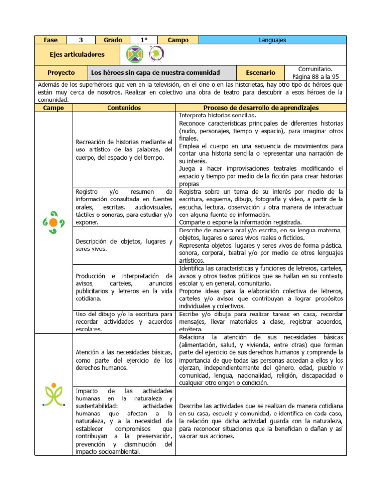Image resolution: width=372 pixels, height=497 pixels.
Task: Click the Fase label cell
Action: [x=50, y=40]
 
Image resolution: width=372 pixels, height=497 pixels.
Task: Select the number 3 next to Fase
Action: [x=81, y=40]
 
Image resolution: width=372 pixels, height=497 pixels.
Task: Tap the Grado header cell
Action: [x=113, y=40]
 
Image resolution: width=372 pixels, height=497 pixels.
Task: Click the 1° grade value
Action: [x=144, y=40]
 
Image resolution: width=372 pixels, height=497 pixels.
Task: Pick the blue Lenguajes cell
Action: [x=273, y=40]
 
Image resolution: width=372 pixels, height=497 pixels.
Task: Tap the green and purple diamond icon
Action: [x=135, y=55]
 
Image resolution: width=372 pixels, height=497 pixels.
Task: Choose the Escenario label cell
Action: [x=261, y=73]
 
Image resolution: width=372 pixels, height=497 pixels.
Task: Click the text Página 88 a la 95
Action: [x=315, y=77]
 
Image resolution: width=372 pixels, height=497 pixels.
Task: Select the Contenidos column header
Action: [x=124, y=108]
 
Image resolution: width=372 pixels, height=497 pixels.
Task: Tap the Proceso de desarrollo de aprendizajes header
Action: [x=261, y=108]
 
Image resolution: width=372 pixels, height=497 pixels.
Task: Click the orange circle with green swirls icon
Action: [x=53, y=222]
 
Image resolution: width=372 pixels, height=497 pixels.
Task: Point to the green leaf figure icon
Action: [x=54, y=394]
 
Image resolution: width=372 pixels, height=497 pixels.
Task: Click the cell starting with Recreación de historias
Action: [x=124, y=149]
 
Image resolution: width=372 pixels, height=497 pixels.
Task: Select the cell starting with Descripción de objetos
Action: [x=124, y=245]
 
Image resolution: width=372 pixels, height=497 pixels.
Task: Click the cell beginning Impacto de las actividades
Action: [x=124, y=421]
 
